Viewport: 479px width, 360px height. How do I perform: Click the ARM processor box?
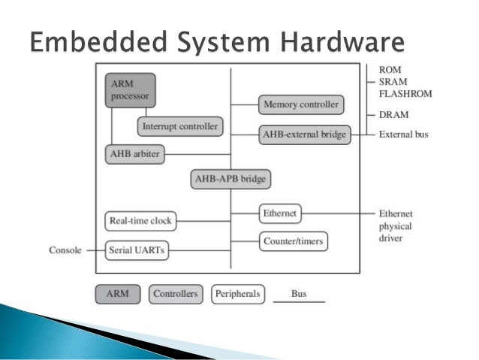pyautogui.click(x=129, y=89)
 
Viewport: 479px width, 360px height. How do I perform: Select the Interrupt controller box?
pyautogui.click(x=180, y=126)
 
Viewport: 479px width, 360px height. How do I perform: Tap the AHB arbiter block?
pyautogui.click(x=132, y=154)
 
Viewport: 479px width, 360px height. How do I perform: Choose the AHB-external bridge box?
pyautogui.click(x=305, y=135)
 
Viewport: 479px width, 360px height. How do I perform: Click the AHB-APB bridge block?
pyautogui.click(x=230, y=180)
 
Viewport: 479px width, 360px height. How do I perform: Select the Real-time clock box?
pyautogui.click(x=140, y=221)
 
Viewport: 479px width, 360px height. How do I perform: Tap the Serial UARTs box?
pyautogui.click(x=137, y=250)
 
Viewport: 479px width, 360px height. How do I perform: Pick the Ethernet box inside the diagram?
pyautogui.click(x=279, y=213)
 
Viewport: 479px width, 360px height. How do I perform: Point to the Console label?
pyautogui.click(x=65, y=250)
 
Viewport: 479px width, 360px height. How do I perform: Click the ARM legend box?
pyautogui.click(x=118, y=294)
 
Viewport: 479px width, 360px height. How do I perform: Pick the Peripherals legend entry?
pyautogui.click(x=238, y=294)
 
